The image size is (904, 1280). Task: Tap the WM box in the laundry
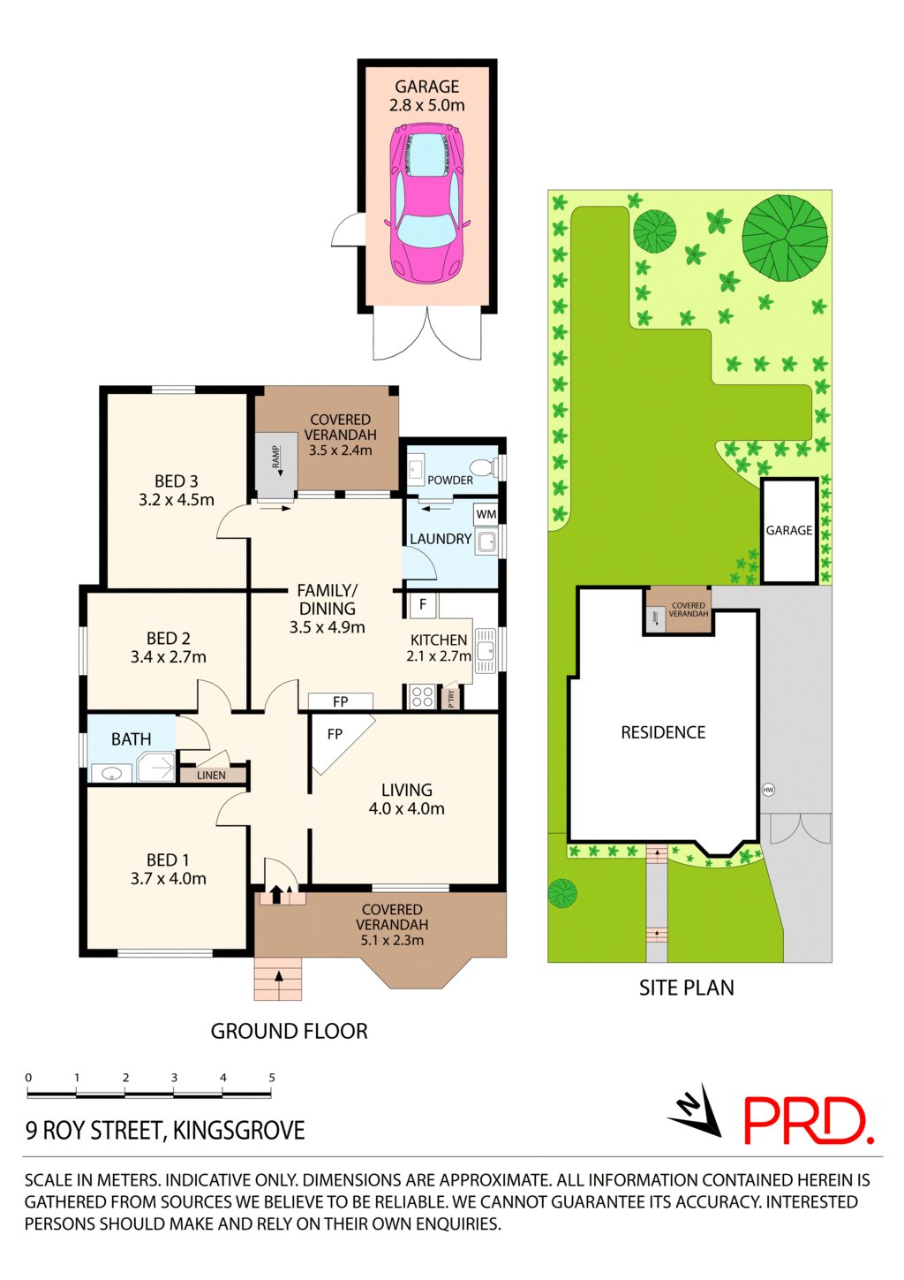click(x=486, y=514)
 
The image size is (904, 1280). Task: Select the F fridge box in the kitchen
click(x=423, y=604)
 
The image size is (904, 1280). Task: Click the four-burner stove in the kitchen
click(x=423, y=697)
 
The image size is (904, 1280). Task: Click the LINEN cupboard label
click(x=211, y=776)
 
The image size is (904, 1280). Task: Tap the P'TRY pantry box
click(x=451, y=697)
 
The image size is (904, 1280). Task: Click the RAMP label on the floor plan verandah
click(x=275, y=456)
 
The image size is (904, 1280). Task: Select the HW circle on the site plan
click(x=768, y=791)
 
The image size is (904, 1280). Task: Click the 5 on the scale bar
click(x=272, y=1078)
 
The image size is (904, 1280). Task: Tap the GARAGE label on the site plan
click(x=788, y=530)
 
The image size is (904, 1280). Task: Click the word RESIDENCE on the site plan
click(x=663, y=732)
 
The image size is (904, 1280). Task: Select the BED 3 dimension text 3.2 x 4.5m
click(x=176, y=500)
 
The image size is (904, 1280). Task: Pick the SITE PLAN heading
click(x=686, y=987)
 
